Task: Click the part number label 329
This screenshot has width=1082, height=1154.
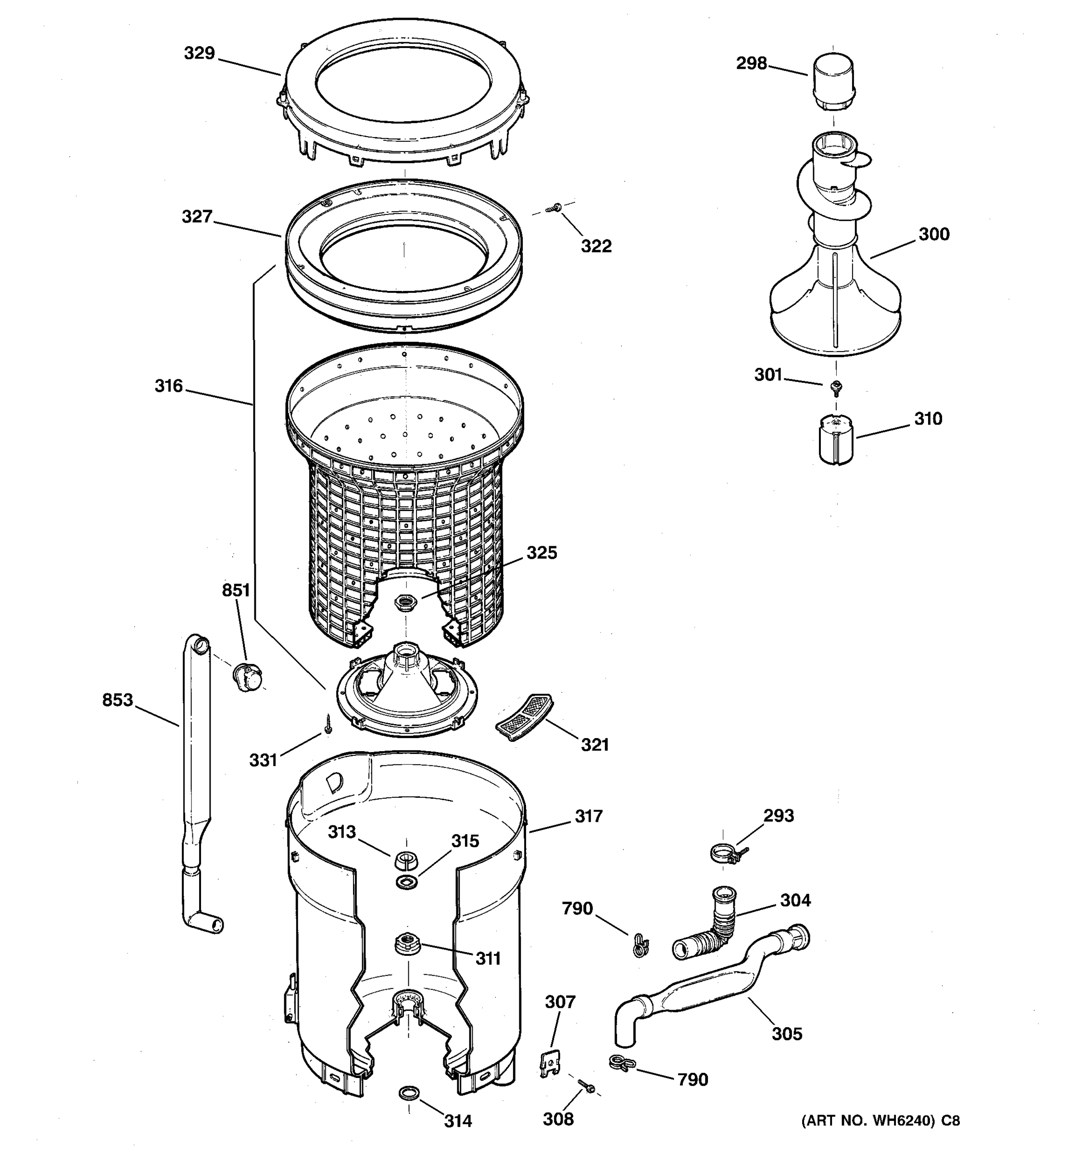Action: pyautogui.click(x=199, y=53)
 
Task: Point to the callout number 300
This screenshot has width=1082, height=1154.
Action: pyautogui.click(x=933, y=235)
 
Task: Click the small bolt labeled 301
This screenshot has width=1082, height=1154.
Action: pyautogui.click(x=836, y=387)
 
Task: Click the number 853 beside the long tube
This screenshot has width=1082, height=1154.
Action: pyautogui.click(x=117, y=700)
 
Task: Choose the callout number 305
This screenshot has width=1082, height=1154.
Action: pyautogui.click(x=787, y=1034)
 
